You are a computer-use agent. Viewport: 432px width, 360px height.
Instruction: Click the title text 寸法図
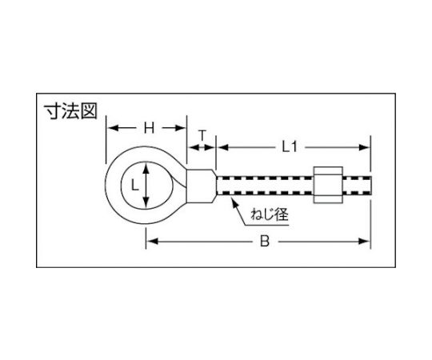(71, 111)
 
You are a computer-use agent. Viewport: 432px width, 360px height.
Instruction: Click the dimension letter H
(149, 128)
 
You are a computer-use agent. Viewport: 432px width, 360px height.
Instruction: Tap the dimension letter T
(202, 135)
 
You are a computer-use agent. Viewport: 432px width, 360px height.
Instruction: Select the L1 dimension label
(290, 148)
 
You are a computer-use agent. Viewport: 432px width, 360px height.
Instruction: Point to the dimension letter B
(265, 242)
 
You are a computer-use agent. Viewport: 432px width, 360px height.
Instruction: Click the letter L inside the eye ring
(134, 185)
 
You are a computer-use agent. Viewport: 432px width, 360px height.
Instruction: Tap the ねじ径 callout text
(269, 214)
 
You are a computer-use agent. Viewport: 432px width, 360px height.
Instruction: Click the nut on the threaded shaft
(328, 185)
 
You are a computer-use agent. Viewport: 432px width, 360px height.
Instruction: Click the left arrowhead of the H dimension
(113, 128)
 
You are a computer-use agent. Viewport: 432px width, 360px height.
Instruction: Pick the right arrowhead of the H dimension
(181, 128)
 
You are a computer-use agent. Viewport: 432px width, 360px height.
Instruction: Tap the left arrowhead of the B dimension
(152, 242)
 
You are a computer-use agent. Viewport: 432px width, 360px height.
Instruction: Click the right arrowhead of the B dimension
(364, 242)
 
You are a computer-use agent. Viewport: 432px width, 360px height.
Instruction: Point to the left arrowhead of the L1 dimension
(223, 148)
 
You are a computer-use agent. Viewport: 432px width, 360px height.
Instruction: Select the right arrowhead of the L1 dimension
(364, 148)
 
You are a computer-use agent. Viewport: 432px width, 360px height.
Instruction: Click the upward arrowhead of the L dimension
(146, 168)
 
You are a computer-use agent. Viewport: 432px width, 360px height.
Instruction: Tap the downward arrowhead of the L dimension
(146, 202)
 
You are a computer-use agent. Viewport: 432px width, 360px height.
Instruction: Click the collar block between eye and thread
(201, 186)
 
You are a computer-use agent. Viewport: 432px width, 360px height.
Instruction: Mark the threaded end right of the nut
(358, 185)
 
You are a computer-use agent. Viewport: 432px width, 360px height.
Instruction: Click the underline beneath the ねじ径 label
(266, 226)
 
